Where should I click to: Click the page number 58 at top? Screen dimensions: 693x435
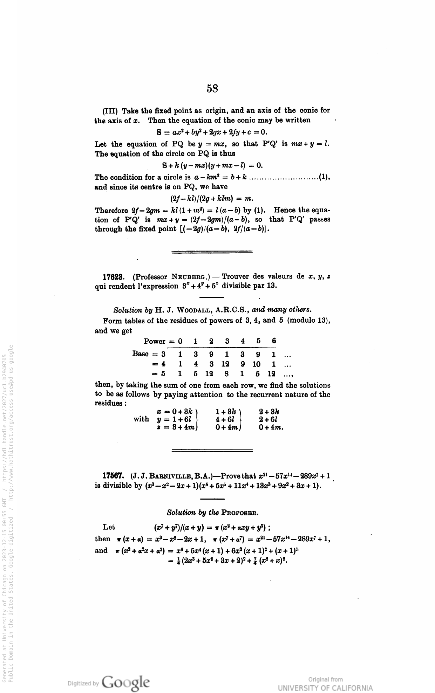tap(212, 89)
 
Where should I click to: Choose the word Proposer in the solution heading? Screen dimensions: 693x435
tap(240, 513)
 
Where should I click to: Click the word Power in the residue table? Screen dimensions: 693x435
tap(154, 341)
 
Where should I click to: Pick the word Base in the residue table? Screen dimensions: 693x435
tap(140, 354)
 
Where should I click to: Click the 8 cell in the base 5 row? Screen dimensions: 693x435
tap(227, 374)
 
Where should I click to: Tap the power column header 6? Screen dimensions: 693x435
tap(274, 341)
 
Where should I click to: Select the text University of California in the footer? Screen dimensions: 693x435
tap(325, 688)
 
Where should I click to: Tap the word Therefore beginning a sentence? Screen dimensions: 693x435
tap(111, 211)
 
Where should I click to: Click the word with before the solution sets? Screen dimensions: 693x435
tap(141, 419)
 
